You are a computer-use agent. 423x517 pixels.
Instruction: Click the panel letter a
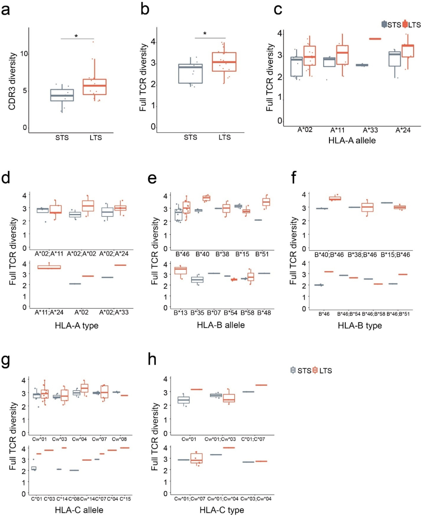click(x=5, y=10)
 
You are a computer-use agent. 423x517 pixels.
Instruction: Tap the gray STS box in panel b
click(x=190, y=74)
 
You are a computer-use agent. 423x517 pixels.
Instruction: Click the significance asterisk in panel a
click(x=76, y=36)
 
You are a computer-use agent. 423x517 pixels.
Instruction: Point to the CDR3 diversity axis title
click(x=12, y=81)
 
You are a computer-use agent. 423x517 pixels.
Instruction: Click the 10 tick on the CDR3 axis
click(x=24, y=54)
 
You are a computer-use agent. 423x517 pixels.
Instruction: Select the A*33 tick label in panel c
click(x=370, y=130)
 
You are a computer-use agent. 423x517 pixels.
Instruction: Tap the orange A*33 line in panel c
click(x=370, y=39)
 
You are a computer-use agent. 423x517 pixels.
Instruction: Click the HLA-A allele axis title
click(x=352, y=141)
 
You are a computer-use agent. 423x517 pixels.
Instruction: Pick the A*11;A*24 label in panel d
click(x=49, y=312)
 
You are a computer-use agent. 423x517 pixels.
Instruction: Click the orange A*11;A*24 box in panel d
click(x=49, y=267)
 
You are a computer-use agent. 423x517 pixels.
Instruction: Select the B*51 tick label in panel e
click(x=262, y=254)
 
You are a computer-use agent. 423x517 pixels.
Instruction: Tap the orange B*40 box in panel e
click(x=206, y=198)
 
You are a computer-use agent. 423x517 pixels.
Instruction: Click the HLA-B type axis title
click(x=360, y=326)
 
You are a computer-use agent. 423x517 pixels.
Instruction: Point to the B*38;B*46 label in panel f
click(x=362, y=255)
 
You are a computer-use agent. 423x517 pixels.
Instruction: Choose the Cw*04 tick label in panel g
click(x=80, y=439)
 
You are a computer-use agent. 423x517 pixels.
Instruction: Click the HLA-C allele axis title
click(x=79, y=510)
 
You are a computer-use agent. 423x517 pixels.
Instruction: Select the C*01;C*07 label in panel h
click(x=253, y=439)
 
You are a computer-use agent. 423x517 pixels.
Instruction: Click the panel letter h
click(x=152, y=359)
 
